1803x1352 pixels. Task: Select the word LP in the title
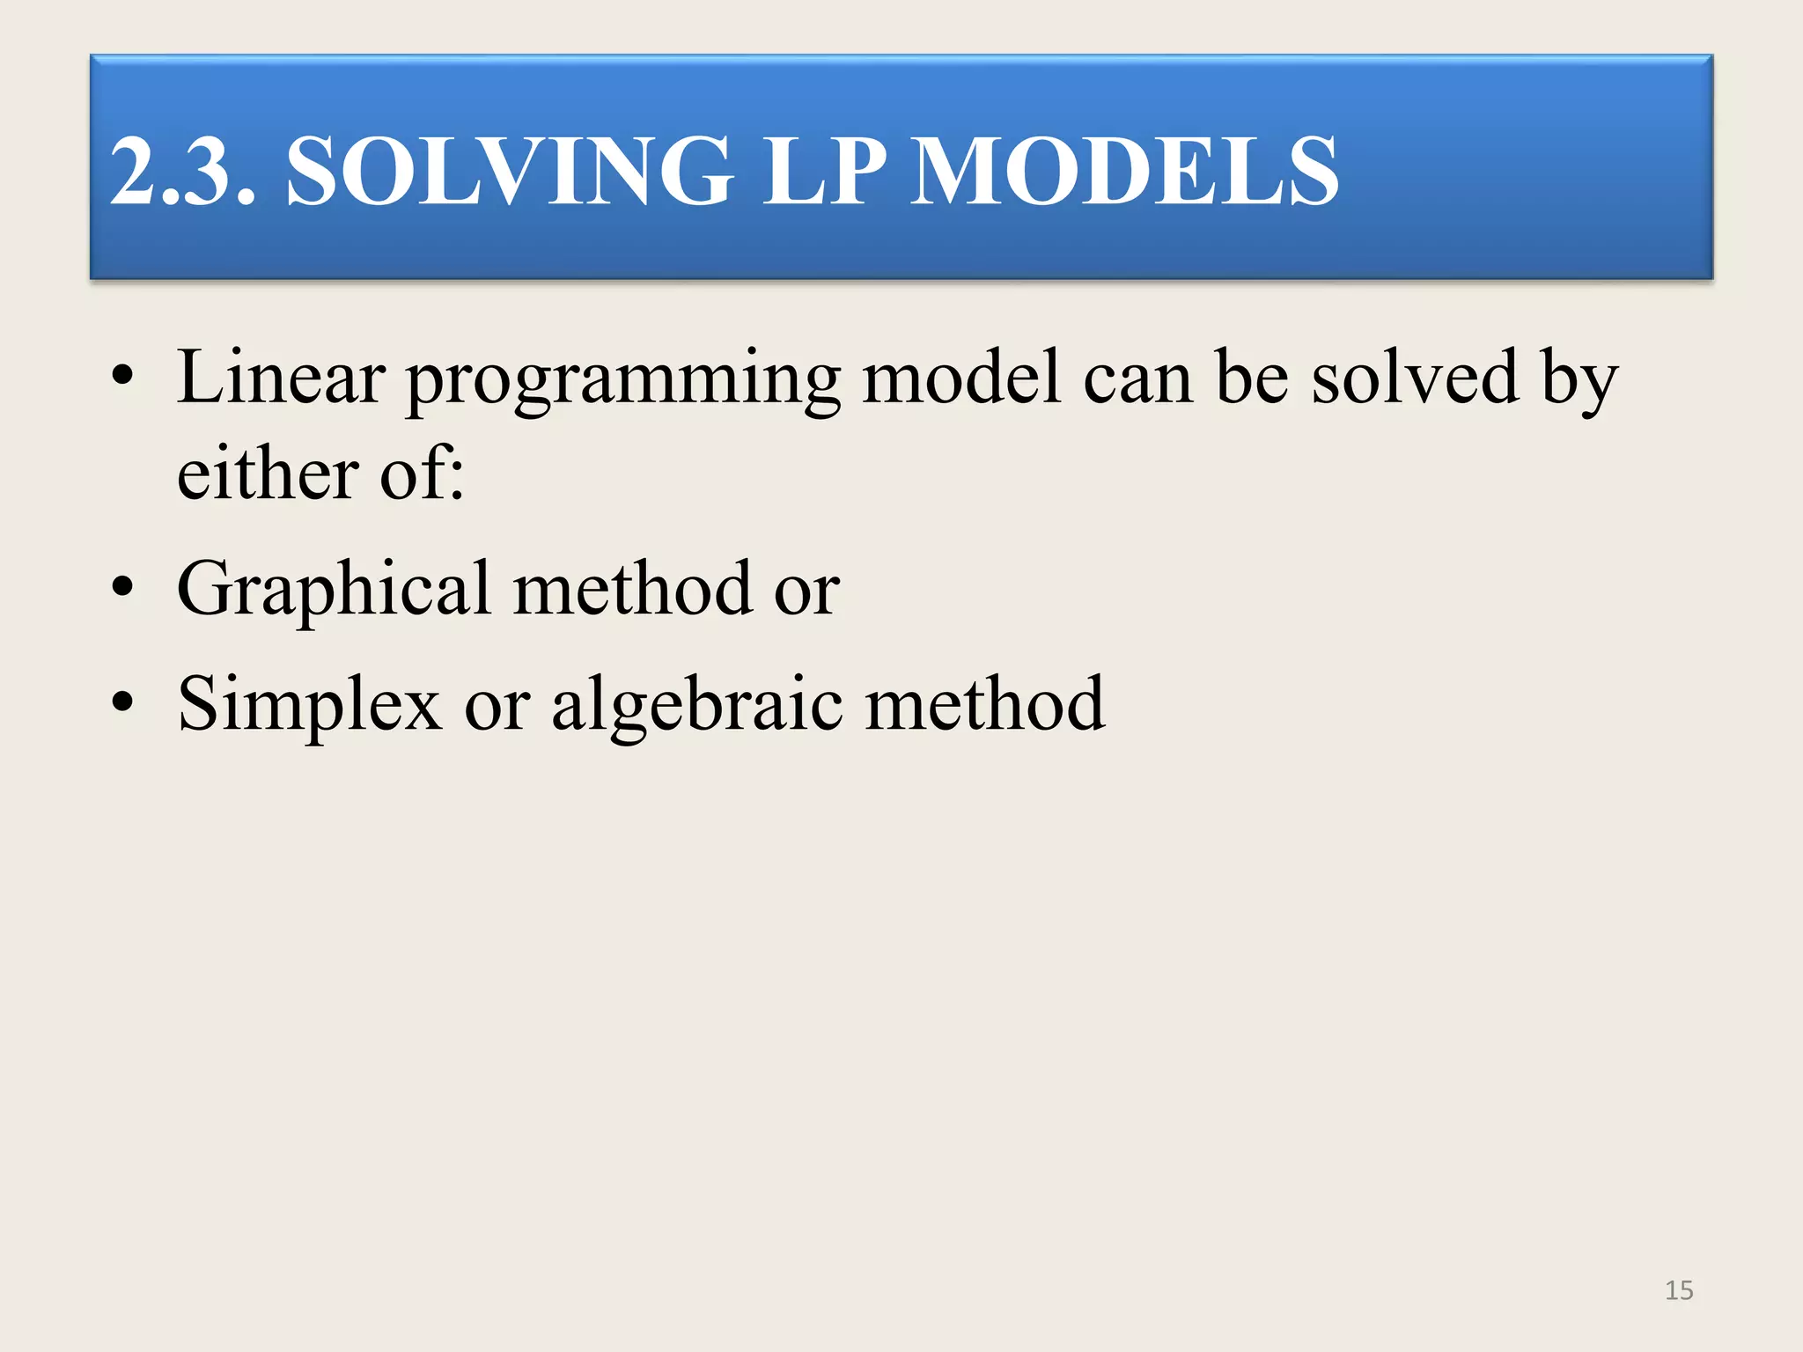(x=823, y=172)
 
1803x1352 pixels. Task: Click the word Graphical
(x=334, y=590)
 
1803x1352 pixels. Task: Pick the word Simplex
(x=309, y=705)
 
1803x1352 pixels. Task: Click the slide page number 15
(x=1679, y=1290)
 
